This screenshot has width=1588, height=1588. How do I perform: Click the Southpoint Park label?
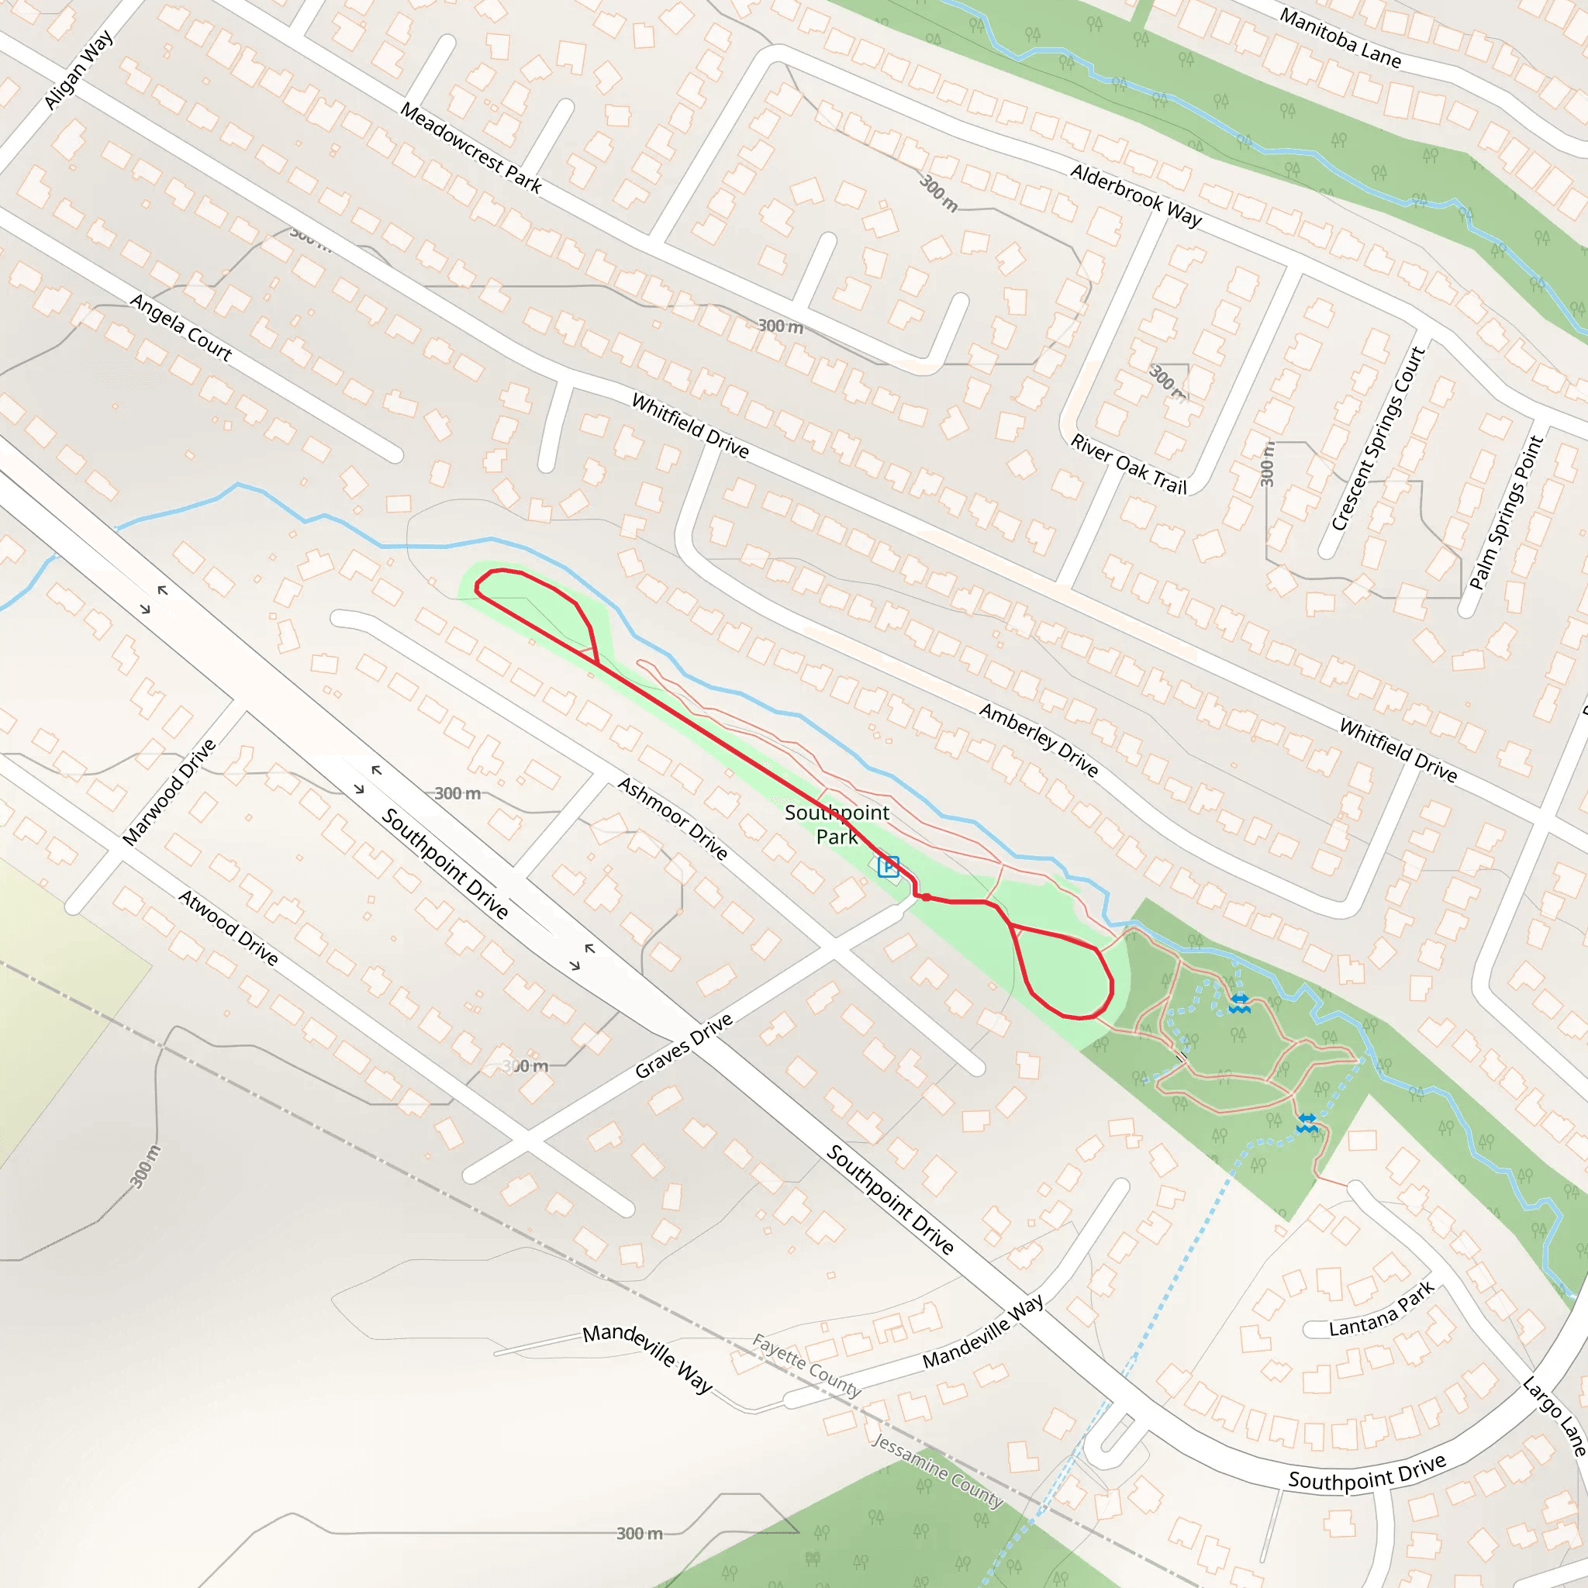(837, 824)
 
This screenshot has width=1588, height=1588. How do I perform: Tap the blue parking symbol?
(889, 867)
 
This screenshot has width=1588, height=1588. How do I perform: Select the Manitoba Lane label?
(1340, 38)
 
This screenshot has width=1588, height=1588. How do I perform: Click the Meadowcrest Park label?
(471, 148)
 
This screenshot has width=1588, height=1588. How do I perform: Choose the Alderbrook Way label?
(1136, 195)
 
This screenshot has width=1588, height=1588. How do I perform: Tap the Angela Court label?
(181, 328)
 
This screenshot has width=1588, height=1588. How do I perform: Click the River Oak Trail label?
(1128, 464)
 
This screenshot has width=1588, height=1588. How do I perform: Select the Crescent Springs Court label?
(1378, 438)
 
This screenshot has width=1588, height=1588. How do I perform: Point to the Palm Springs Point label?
(1507, 512)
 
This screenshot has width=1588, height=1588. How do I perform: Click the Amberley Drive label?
(1039, 740)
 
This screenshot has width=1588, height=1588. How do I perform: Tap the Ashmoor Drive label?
(673, 819)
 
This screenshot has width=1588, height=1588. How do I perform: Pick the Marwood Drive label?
(169, 792)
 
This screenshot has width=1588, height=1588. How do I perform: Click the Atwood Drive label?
(229, 927)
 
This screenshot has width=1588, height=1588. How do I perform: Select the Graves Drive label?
(684, 1046)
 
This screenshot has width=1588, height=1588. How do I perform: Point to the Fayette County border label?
(806, 1365)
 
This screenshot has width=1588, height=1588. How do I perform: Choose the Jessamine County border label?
(937, 1471)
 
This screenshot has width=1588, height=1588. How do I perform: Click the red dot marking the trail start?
(927, 898)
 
